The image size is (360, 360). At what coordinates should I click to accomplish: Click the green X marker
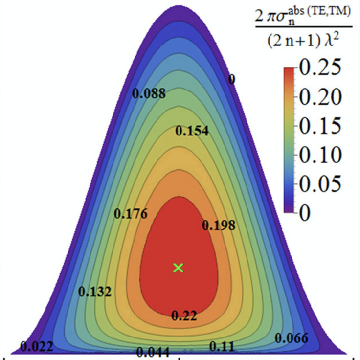[x=179, y=268]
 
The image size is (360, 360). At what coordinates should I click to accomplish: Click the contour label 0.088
[x=149, y=93]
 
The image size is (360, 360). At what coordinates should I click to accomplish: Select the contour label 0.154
[x=192, y=131]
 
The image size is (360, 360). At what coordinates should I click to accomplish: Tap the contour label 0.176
[x=130, y=214]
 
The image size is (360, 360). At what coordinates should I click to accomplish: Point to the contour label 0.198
[x=219, y=225]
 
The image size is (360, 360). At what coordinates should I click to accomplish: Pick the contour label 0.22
[x=184, y=316]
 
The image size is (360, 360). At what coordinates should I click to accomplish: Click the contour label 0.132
[x=95, y=292]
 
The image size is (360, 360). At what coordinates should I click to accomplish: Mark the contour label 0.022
[x=36, y=347]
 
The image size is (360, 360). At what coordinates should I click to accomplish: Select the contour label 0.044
[x=153, y=352]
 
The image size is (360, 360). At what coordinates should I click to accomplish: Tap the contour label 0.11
[x=222, y=346]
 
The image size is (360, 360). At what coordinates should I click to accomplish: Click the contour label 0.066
[x=292, y=338]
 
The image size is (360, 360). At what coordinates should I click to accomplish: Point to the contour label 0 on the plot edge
[x=232, y=79]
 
